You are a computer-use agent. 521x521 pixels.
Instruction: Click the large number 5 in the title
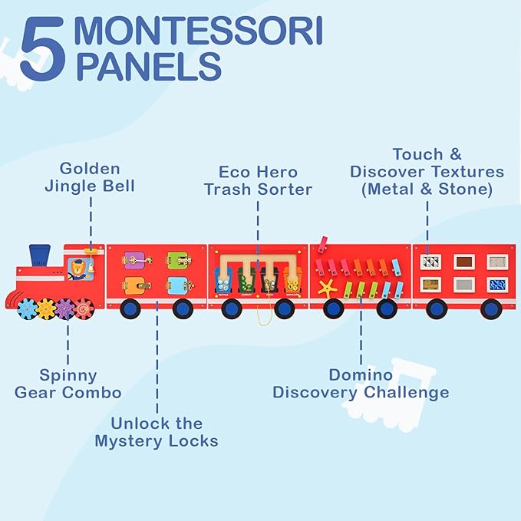pyautogui.click(x=41, y=51)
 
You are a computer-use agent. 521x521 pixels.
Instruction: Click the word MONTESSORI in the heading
pyautogui.click(x=199, y=32)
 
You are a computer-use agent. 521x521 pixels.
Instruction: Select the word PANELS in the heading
pyautogui.click(x=148, y=66)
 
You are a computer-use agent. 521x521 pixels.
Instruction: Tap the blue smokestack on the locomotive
pyautogui.click(x=40, y=255)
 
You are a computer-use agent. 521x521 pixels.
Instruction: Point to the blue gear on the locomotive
pyautogui.click(x=28, y=308)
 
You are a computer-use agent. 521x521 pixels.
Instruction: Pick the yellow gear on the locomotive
pyautogui.click(x=47, y=308)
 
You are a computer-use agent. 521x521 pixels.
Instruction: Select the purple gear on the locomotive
pyautogui.click(x=65, y=308)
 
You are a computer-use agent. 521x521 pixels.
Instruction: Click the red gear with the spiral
pyautogui.click(x=83, y=308)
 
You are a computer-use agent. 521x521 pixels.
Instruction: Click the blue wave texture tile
pyautogui.click(x=498, y=285)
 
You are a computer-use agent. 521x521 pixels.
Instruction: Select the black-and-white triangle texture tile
pyautogui.click(x=430, y=262)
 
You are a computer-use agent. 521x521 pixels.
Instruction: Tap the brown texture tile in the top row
pyautogui.click(x=464, y=262)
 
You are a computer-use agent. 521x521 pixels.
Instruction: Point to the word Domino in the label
pyautogui.click(x=361, y=375)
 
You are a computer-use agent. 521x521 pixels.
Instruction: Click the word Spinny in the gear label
pyautogui.click(x=68, y=375)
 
